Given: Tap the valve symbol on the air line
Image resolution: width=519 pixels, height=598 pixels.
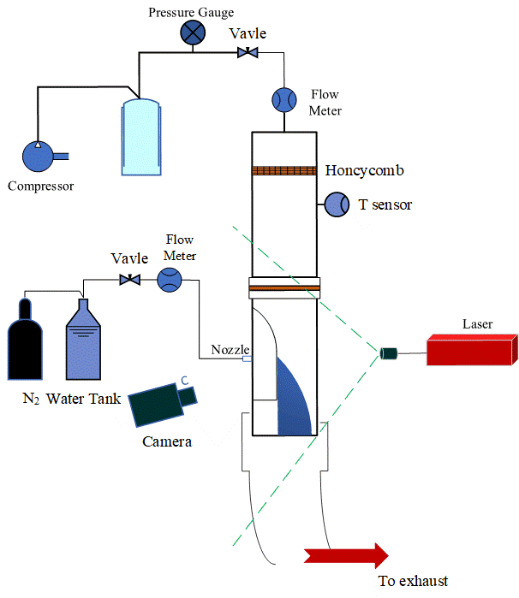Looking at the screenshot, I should [248, 54].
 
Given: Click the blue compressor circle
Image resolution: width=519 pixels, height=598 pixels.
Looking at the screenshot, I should [37, 156].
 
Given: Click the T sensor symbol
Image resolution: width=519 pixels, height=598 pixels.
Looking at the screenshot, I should [334, 204].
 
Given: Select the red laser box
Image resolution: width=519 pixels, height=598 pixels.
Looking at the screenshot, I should [470, 348].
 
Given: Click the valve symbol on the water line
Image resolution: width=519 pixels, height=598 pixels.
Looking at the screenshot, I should [131, 280].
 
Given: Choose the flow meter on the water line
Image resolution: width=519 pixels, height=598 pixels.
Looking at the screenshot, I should [170, 280].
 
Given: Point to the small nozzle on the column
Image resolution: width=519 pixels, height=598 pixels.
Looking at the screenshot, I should [247, 359].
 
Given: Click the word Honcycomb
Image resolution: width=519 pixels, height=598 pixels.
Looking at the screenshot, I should [364, 170].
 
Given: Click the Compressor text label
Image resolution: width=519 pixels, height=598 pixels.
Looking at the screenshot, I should [40, 186].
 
